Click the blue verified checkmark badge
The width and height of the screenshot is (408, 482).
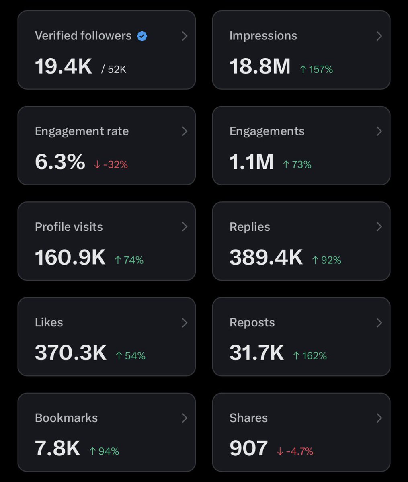(x=142, y=36)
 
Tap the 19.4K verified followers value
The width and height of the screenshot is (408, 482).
(x=64, y=66)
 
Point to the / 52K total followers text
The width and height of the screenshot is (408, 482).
(x=114, y=70)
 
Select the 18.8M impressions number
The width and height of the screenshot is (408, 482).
(x=260, y=66)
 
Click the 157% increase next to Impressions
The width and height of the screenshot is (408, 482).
(x=316, y=70)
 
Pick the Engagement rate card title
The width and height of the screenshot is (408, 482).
(x=82, y=131)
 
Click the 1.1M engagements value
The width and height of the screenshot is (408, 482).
(x=251, y=162)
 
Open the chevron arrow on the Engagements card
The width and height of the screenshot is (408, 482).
(x=379, y=131)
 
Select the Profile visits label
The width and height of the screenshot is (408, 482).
(x=69, y=227)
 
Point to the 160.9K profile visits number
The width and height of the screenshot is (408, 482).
(x=70, y=257)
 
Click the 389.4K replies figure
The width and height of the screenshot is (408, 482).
(x=266, y=257)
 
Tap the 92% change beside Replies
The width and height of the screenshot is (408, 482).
(x=326, y=260)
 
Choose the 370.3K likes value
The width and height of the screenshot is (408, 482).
(x=70, y=353)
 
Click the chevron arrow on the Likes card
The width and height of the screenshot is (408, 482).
(x=185, y=322)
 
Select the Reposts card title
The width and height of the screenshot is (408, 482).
(x=252, y=322)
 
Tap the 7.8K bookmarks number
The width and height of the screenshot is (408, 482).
(x=57, y=448)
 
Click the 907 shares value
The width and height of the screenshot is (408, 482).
(x=248, y=448)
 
